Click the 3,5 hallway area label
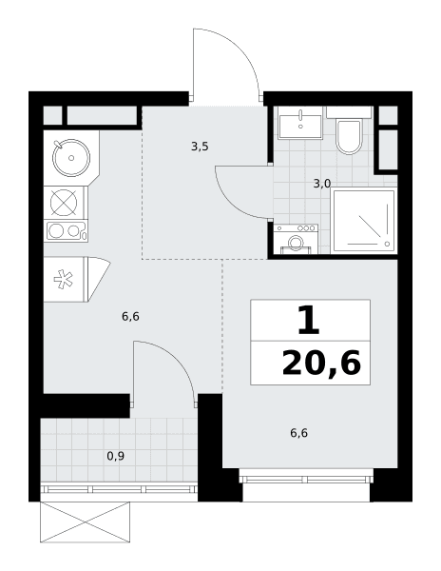pos(200,147)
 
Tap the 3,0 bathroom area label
pos(322,184)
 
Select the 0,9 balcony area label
pos(116,456)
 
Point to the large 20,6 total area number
pos(321,363)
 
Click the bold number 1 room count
pos(308,320)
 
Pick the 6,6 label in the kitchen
pos(130,317)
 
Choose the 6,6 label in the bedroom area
pos(298,433)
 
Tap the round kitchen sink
pos(71,158)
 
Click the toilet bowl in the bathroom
pos(349,136)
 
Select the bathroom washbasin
pos(300,124)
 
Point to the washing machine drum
pos(295,244)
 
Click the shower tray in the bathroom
pos(364,221)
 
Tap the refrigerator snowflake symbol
pos(64,279)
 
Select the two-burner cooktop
pos(66,230)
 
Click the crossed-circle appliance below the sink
pos(64,203)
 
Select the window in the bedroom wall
pos(306,476)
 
